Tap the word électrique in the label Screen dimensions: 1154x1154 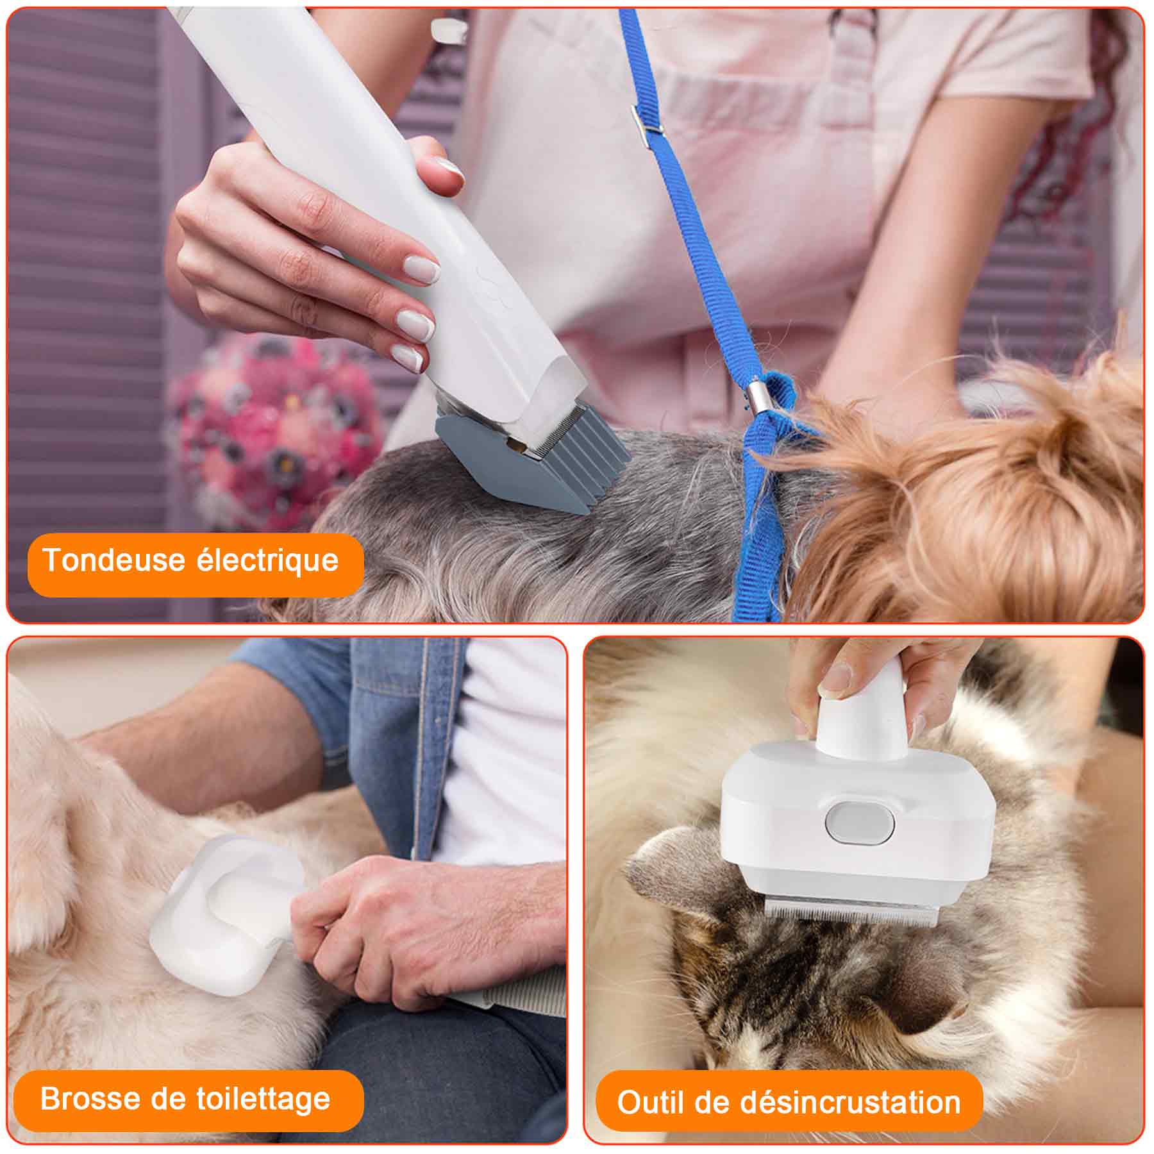click(x=267, y=560)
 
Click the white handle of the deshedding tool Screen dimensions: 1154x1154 click(x=862, y=718)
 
